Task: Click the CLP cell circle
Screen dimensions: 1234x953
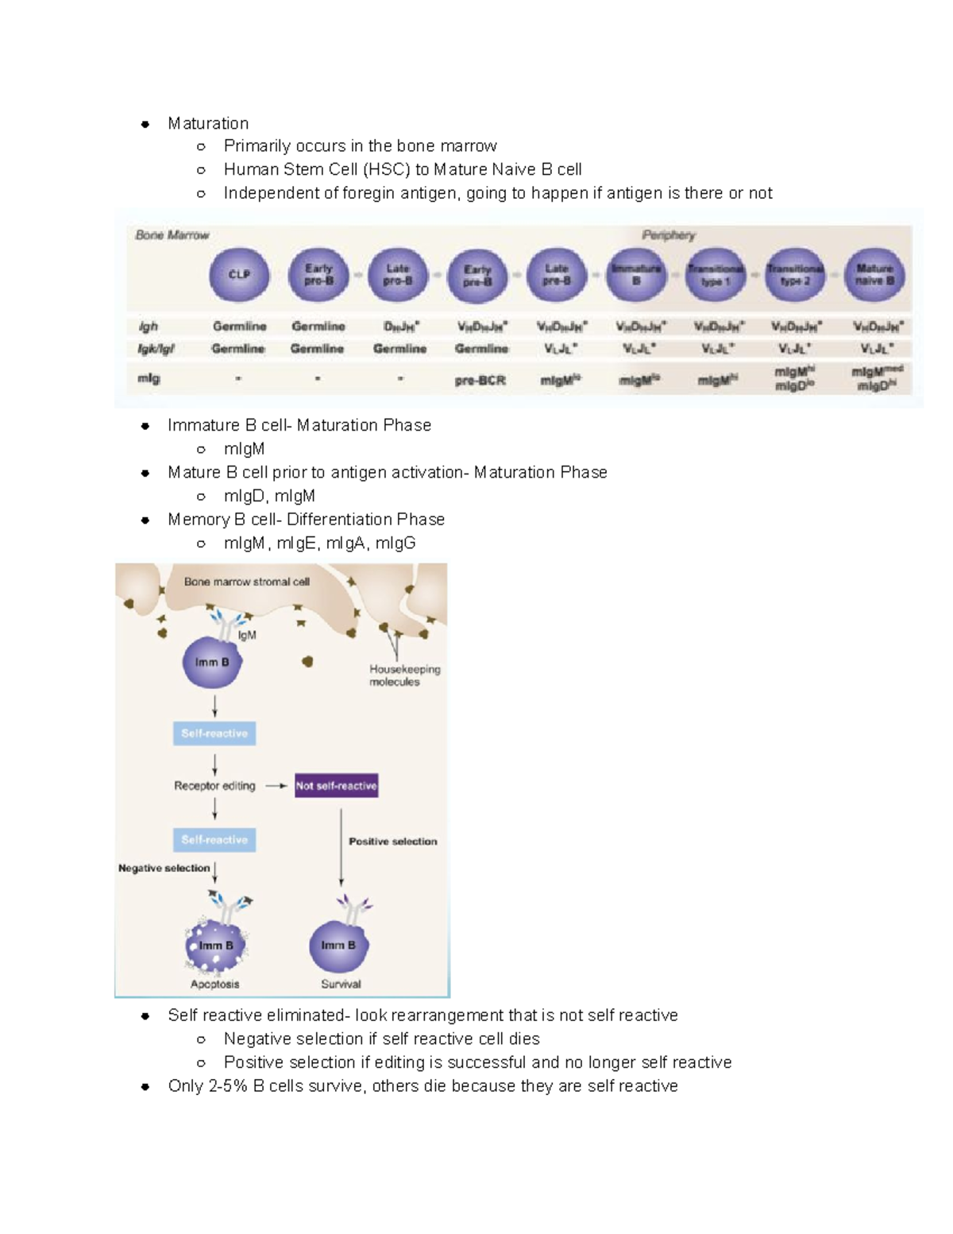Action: pos(239,275)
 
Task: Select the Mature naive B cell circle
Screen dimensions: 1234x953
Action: pos(874,275)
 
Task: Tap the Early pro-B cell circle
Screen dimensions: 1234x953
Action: pos(318,275)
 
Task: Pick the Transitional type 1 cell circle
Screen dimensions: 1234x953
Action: pos(716,275)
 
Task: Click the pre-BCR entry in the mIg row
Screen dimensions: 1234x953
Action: pos(480,381)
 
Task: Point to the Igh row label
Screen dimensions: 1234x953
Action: pos(149,327)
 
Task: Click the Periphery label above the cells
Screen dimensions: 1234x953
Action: pos(669,235)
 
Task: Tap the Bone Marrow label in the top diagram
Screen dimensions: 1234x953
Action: pos(172,235)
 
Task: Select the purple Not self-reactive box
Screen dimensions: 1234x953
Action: pos(336,786)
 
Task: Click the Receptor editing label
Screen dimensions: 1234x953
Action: pos(214,786)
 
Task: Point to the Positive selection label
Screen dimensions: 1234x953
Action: pos(392,841)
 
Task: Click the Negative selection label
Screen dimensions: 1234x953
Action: pos(164,868)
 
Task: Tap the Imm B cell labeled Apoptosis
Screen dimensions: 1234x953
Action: pos(215,946)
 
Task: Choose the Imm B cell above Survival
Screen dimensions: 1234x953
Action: pos(339,946)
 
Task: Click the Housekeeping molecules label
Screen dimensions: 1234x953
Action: pos(404,675)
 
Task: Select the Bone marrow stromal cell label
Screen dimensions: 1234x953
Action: pos(246,582)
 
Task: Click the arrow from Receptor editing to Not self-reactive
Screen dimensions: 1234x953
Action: pos(276,786)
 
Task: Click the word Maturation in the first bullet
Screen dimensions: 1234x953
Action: pos(208,124)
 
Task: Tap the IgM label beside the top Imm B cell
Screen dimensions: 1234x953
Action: pos(247,636)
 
